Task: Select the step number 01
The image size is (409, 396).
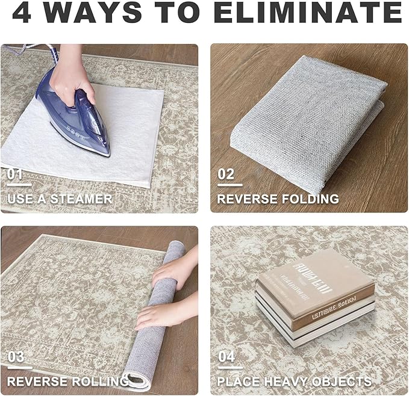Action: pos(16,175)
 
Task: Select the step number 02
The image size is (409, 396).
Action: pos(226,175)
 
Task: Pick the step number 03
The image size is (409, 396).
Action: pos(16,357)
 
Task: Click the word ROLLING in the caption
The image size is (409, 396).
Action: pos(94,382)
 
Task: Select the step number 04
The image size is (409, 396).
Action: pos(226,357)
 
